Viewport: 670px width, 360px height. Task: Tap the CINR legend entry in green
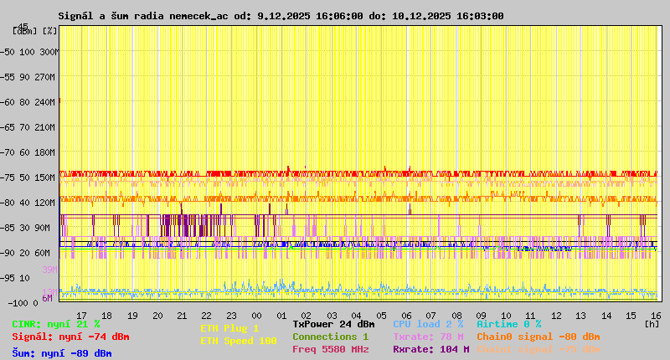56,324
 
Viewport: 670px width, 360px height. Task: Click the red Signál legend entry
70,337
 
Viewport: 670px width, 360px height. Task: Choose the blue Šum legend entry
61,353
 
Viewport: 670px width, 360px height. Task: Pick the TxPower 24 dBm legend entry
333,324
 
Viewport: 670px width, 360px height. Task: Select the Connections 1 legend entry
330,337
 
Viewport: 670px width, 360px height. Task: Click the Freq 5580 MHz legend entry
330,349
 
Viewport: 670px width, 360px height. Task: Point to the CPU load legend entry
428,324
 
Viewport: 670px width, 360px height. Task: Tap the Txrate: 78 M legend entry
428,337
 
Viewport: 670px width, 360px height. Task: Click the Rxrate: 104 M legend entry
430,349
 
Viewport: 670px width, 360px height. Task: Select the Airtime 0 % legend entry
508,324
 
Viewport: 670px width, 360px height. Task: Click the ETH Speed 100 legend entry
238,341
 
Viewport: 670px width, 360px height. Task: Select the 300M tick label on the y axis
50,52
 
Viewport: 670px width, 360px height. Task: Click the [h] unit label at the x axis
652,323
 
